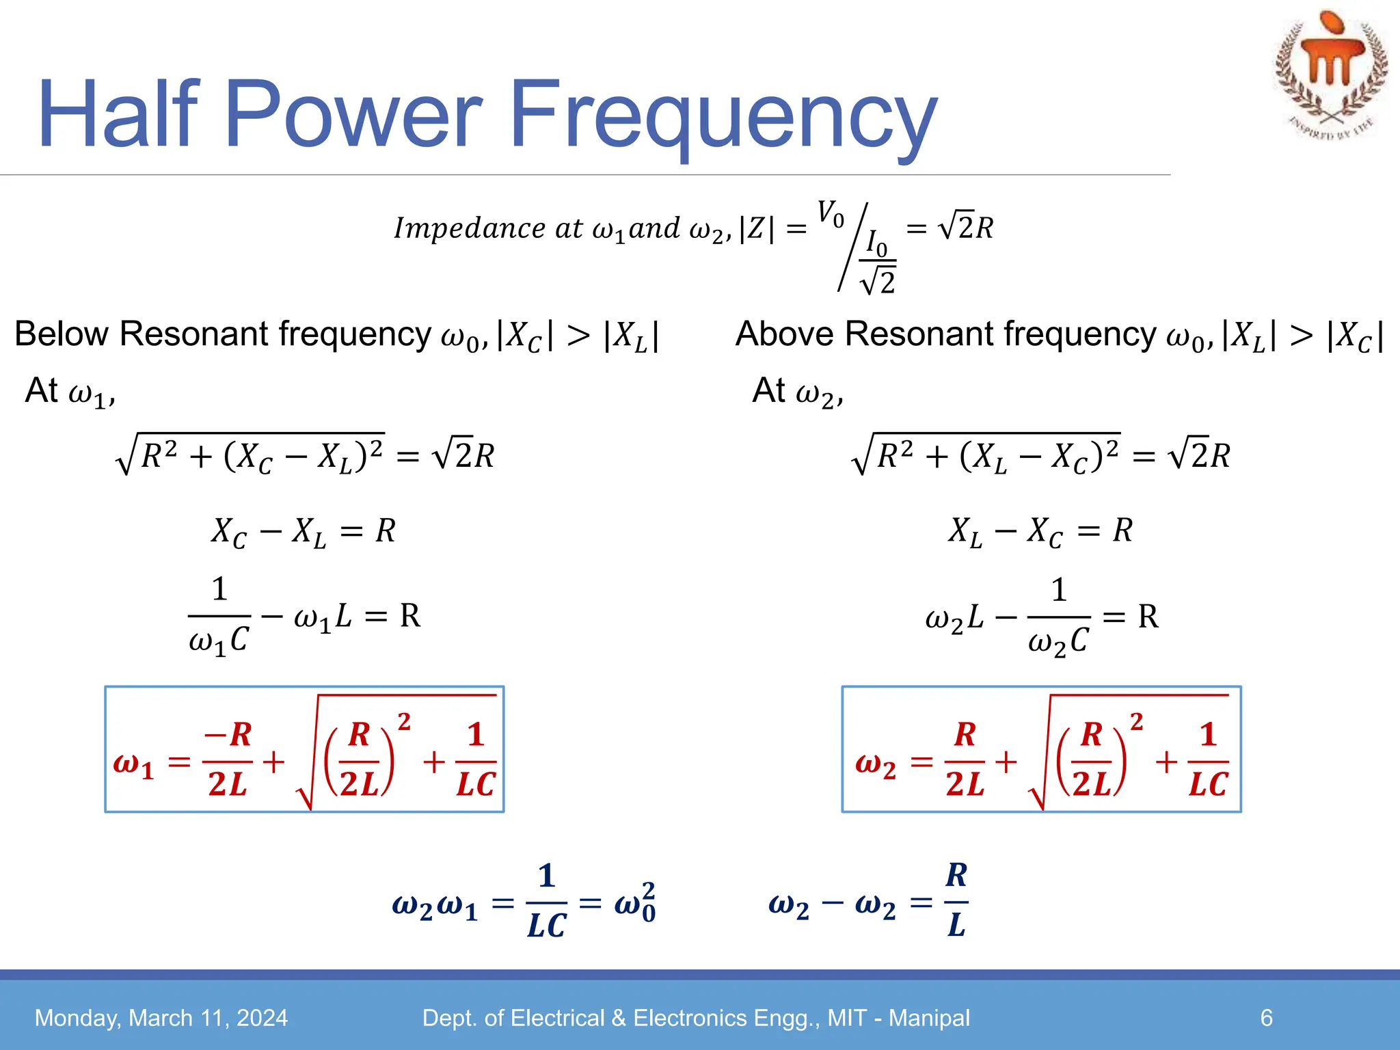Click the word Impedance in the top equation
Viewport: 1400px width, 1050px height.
point(469,228)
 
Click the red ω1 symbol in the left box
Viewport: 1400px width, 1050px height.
point(133,763)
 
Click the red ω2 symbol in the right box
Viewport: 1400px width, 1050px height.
point(875,763)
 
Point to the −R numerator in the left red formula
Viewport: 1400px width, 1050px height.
point(228,735)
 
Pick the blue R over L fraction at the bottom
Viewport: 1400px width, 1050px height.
point(956,900)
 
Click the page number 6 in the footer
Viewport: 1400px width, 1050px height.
point(1266,1018)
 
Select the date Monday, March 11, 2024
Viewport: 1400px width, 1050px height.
point(161,1018)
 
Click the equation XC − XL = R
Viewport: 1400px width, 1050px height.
point(303,532)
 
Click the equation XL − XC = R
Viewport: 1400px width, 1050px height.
point(1039,532)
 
